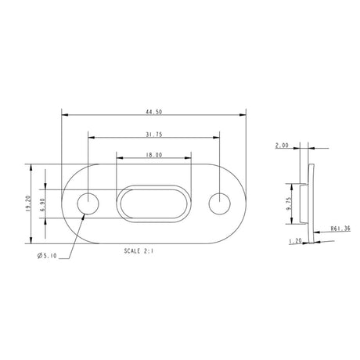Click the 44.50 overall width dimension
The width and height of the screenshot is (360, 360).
[153, 112]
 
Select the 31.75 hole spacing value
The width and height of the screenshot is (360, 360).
[153, 134]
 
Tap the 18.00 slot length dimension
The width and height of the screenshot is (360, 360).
[153, 155]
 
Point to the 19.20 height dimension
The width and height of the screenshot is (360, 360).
[28, 203]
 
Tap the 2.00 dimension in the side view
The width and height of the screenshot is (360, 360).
[283, 146]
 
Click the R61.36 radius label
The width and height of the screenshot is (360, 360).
[340, 229]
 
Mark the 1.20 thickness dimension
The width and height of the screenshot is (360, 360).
[295, 242]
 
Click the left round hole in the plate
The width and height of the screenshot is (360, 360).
[88, 203]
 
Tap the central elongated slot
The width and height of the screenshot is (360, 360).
[153, 203]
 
